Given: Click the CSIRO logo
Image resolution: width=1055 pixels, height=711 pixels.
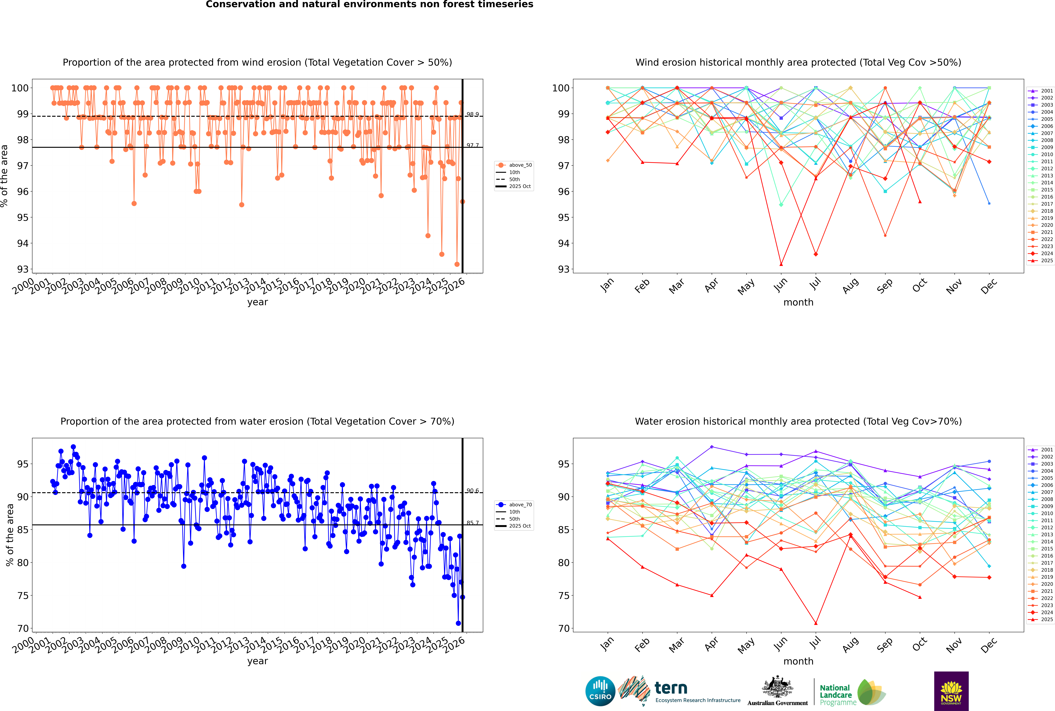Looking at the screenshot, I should pyautogui.click(x=600, y=691).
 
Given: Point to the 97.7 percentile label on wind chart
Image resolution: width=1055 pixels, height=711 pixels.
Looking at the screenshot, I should pyautogui.click(x=473, y=145).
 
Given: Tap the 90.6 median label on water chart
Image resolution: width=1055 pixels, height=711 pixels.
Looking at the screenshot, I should pyautogui.click(x=473, y=491).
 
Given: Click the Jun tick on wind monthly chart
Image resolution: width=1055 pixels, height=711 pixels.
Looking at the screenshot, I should pyautogui.click(x=781, y=285).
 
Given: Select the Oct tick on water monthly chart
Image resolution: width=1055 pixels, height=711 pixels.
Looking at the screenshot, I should pyautogui.click(x=919, y=644).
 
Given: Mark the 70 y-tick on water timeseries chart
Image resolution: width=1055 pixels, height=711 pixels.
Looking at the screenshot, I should pyautogui.click(x=23, y=629).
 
